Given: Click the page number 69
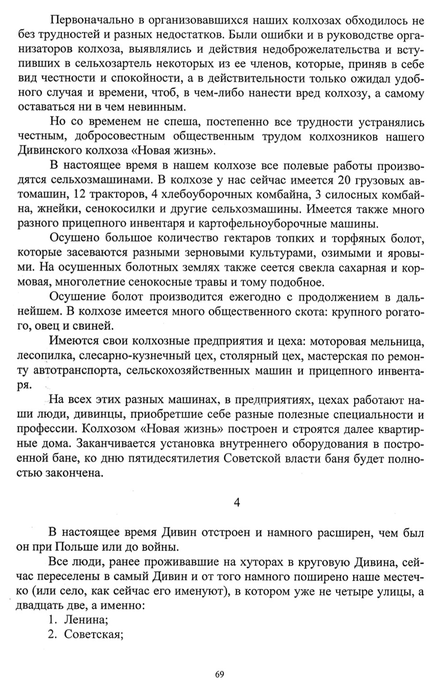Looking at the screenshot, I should [220, 674].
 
